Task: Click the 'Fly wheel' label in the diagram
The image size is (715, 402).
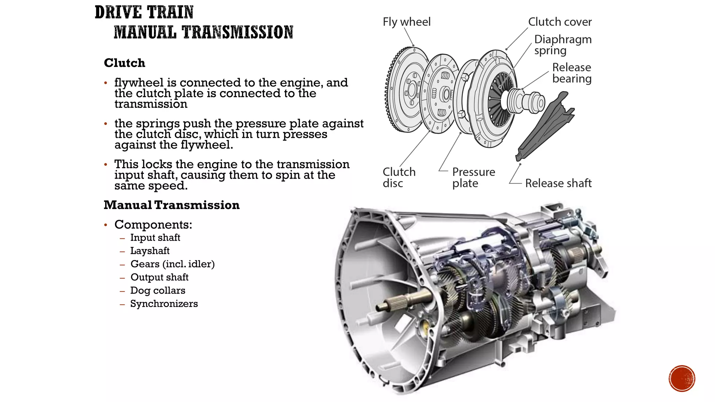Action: pos(406,22)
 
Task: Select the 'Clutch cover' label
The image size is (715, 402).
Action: pos(560,22)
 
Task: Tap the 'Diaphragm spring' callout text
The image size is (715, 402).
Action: pos(562,45)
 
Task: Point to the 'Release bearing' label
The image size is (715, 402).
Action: pos(572,73)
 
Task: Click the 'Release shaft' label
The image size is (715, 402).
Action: pos(558,183)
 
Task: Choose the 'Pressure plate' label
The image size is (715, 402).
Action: pos(473,177)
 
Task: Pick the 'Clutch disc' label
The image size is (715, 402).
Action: pos(399,177)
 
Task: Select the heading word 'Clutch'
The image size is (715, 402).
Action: pos(124,63)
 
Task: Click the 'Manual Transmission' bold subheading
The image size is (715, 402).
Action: pos(171,205)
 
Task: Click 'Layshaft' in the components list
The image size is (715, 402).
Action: pos(150,251)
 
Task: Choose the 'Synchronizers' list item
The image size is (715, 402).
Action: pos(164,304)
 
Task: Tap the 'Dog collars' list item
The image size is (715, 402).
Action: pos(157,291)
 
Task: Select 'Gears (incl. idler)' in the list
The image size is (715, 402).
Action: pos(172,264)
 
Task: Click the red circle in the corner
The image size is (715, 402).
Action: pos(682,379)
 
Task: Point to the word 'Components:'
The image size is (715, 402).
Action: pos(153,225)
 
